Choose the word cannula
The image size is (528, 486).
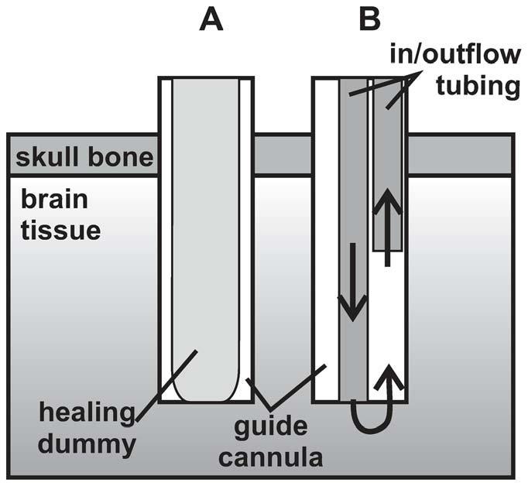[x=273, y=457]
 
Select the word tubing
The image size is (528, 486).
[x=474, y=86]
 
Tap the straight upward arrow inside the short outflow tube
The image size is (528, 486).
[x=387, y=224]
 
